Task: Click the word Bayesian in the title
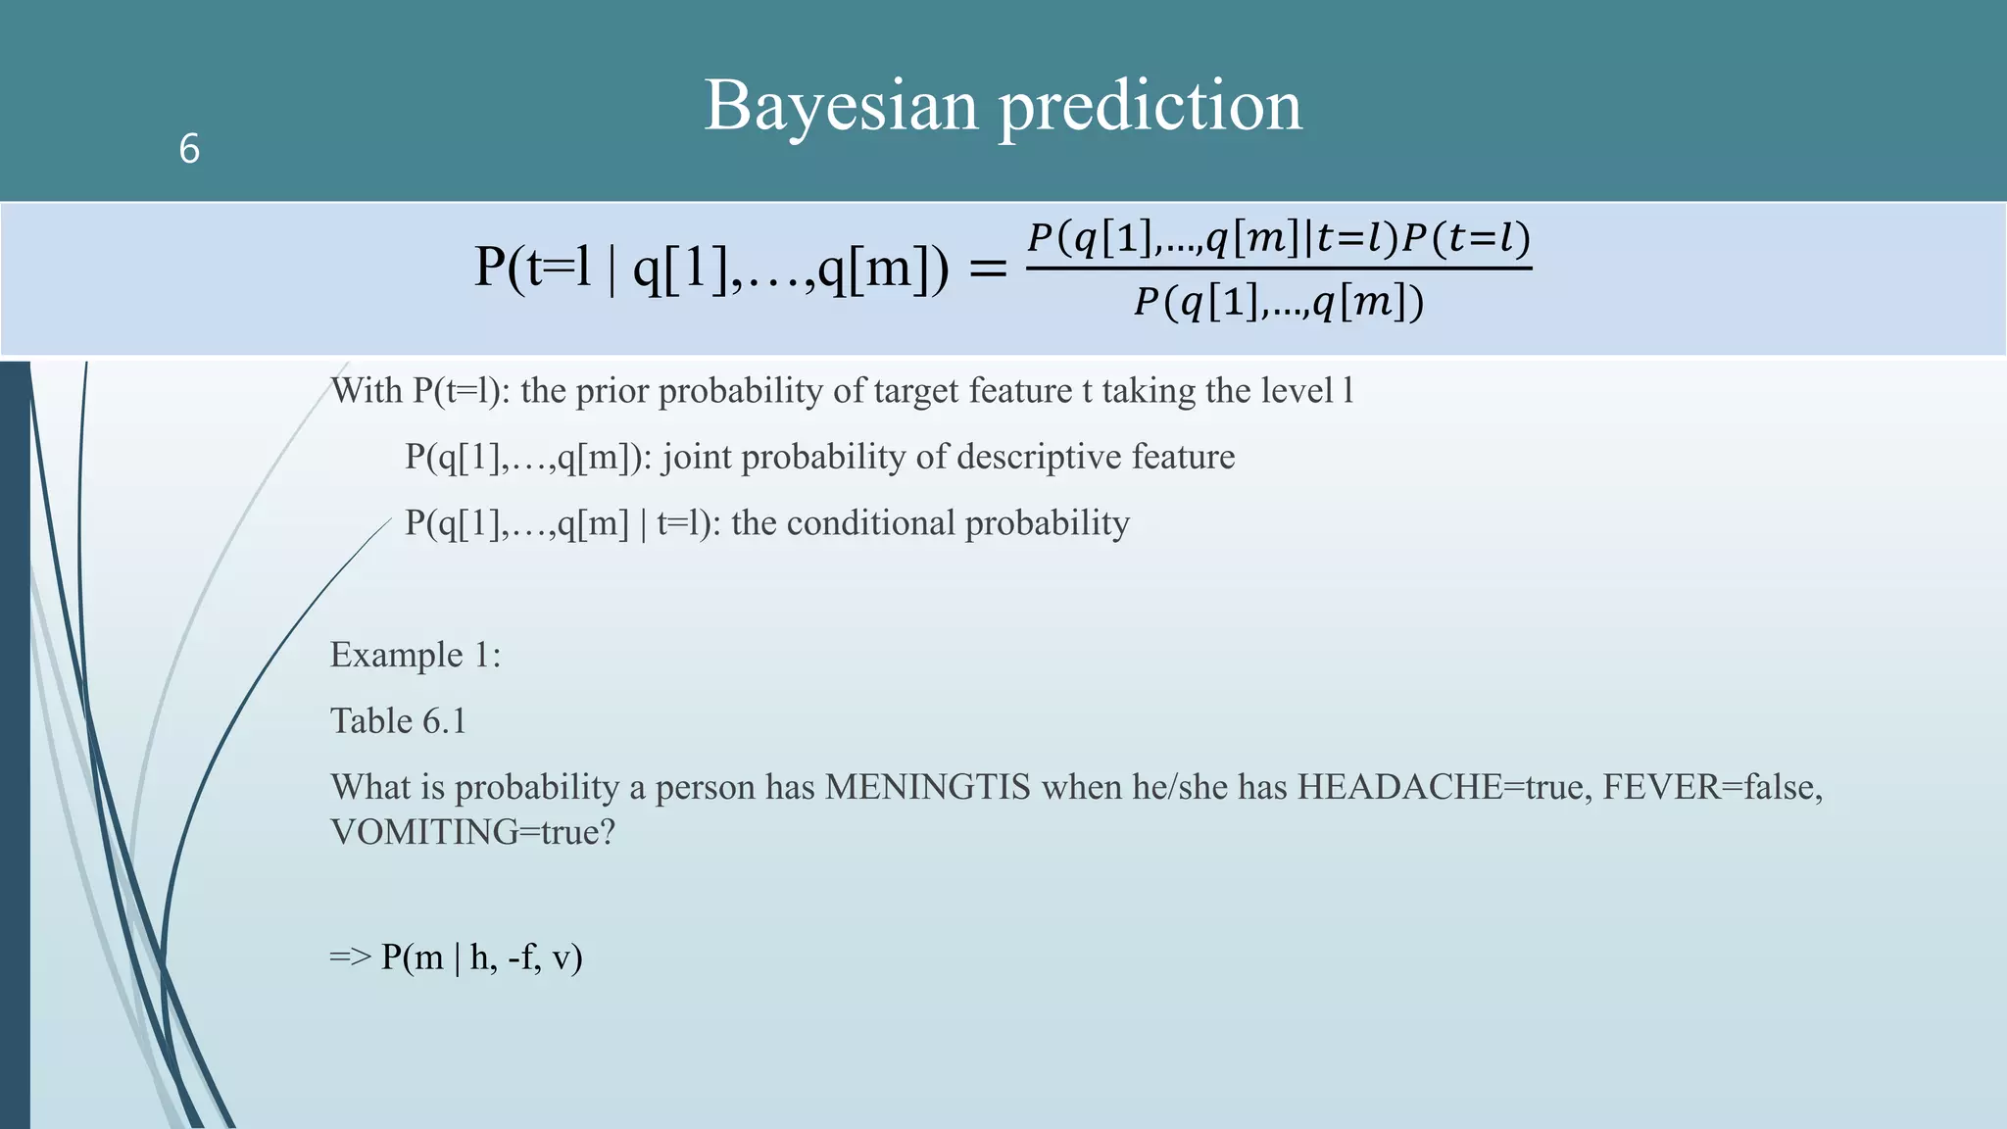click(841, 106)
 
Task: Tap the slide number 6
click(189, 150)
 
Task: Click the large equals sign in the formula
click(987, 268)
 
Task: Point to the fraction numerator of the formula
click(1279, 238)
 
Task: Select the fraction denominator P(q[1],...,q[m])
click(1279, 303)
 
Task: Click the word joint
click(697, 457)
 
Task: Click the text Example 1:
click(416, 655)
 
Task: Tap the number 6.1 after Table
click(444, 721)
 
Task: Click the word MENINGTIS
click(927, 787)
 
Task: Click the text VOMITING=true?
click(472, 832)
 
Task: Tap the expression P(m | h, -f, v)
click(482, 957)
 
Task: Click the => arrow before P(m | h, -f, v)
click(350, 957)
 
